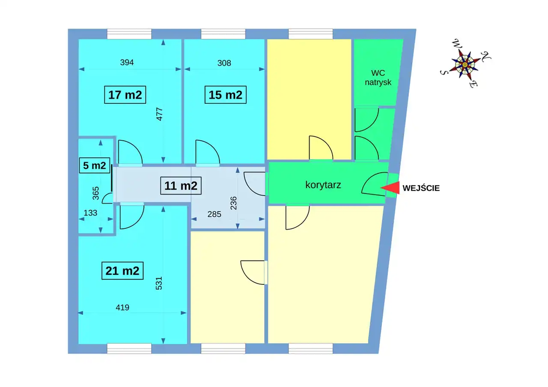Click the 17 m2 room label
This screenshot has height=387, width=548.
pyautogui.click(x=125, y=95)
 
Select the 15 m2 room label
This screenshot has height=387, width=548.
pyautogui.click(x=225, y=95)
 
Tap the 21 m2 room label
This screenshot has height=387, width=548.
pyautogui.click(x=122, y=271)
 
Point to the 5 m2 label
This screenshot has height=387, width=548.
pyautogui.click(x=95, y=165)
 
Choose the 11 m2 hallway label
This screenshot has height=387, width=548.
pyautogui.click(x=181, y=186)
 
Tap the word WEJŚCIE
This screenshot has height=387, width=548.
pyautogui.click(x=421, y=188)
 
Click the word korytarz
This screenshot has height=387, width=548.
pyautogui.click(x=323, y=185)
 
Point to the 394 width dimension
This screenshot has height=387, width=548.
pyautogui.click(x=127, y=62)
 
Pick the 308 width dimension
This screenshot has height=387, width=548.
pyautogui.click(x=224, y=63)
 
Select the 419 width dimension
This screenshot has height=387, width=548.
pyautogui.click(x=122, y=307)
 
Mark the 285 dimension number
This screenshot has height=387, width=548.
pyautogui.click(x=214, y=214)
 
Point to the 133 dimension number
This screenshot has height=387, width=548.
pyautogui.click(x=90, y=213)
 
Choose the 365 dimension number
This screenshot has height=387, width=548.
pyautogui.click(x=96, y=193)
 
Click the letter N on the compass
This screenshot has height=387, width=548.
pyautogui.click(x=485, y=56)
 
